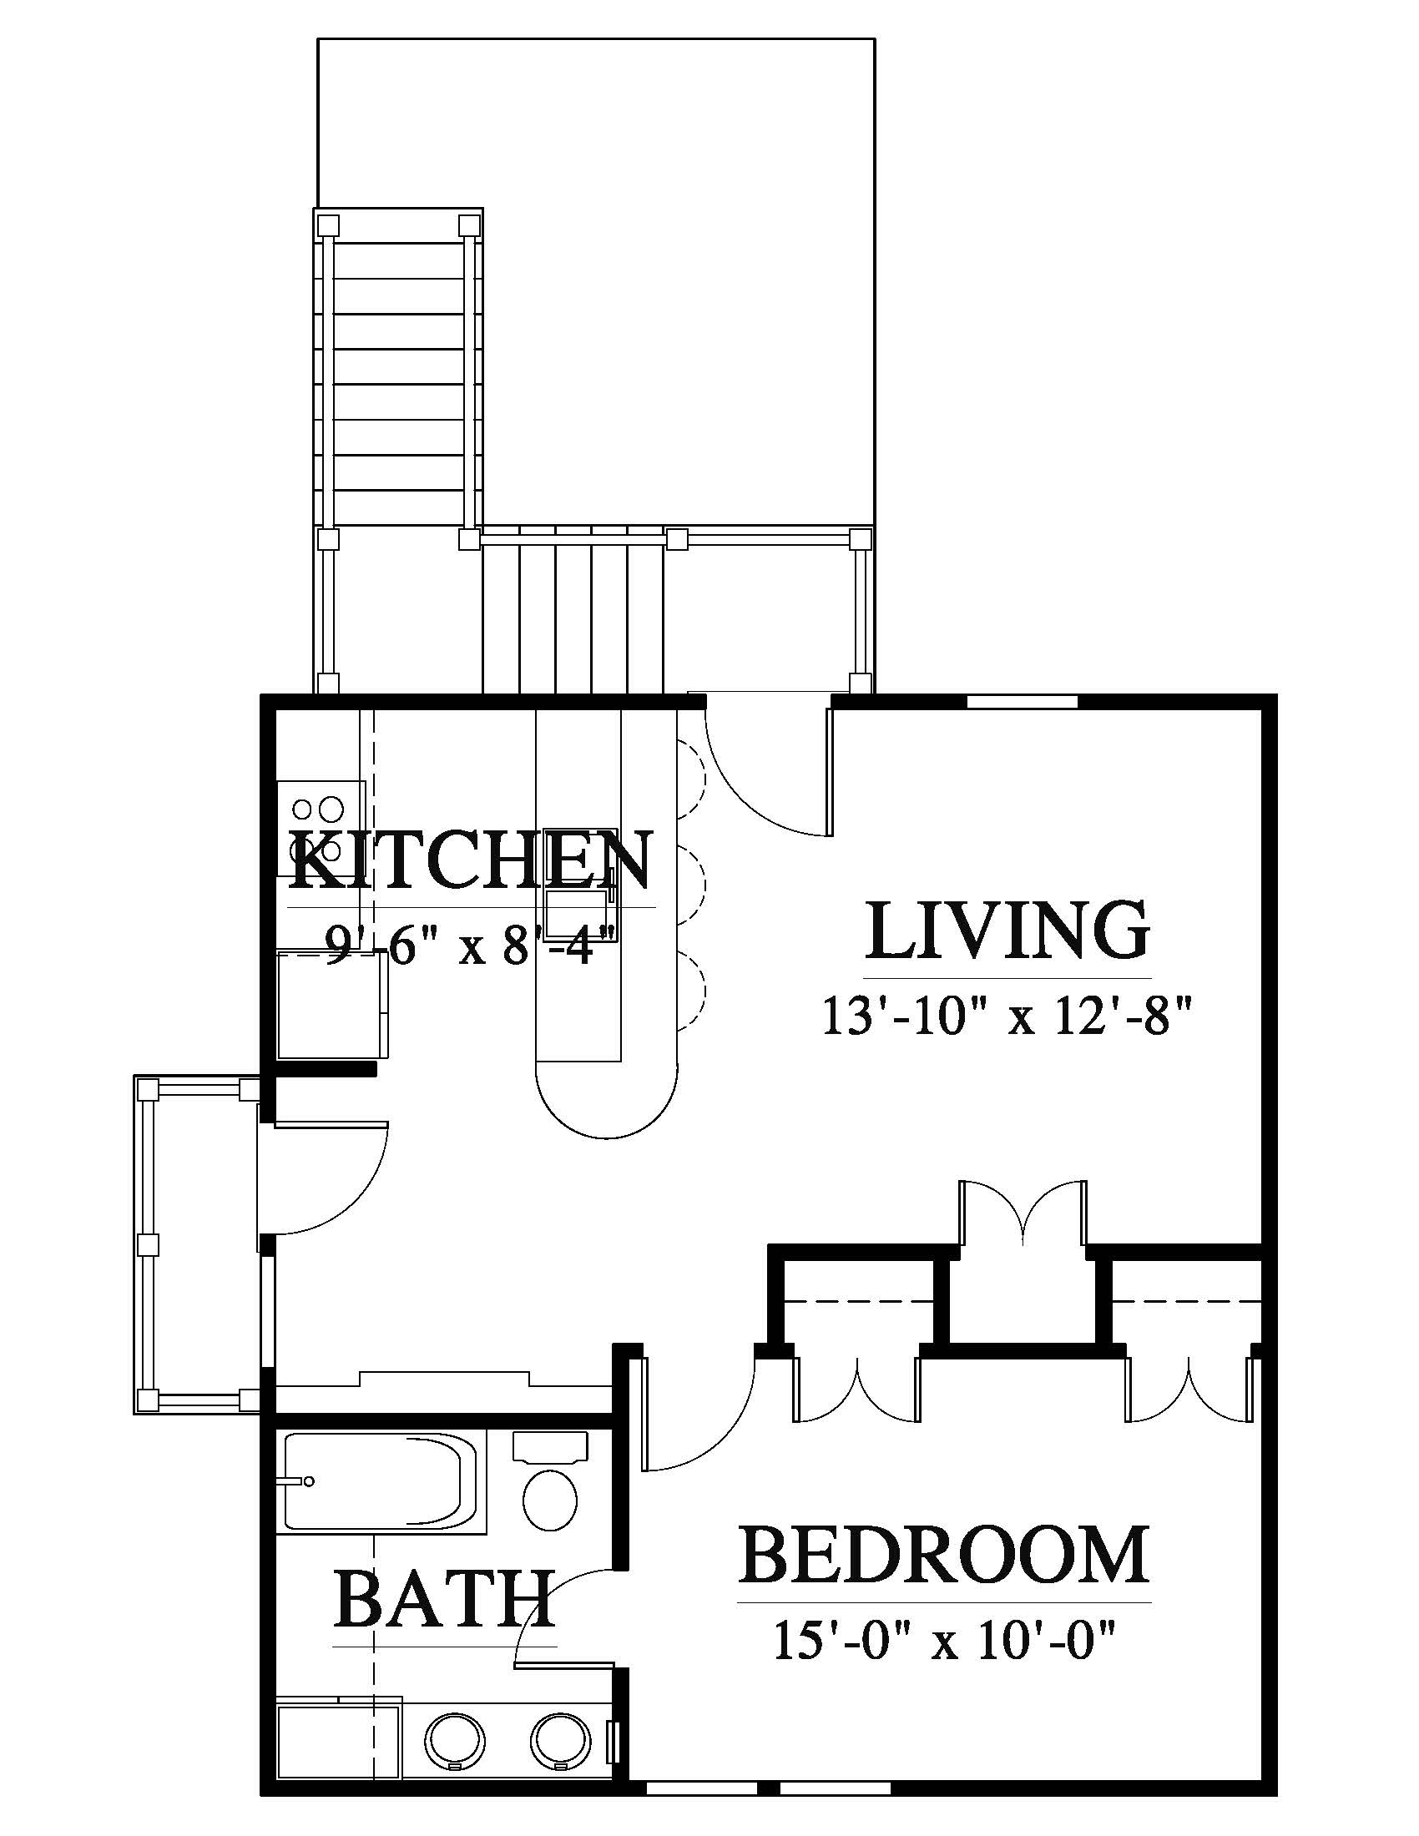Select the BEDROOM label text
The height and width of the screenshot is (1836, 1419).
click(x=944, y=1556)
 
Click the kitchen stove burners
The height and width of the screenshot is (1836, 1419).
click(x=320, y=828)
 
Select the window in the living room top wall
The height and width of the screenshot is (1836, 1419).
click(x=1023, y=701)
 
